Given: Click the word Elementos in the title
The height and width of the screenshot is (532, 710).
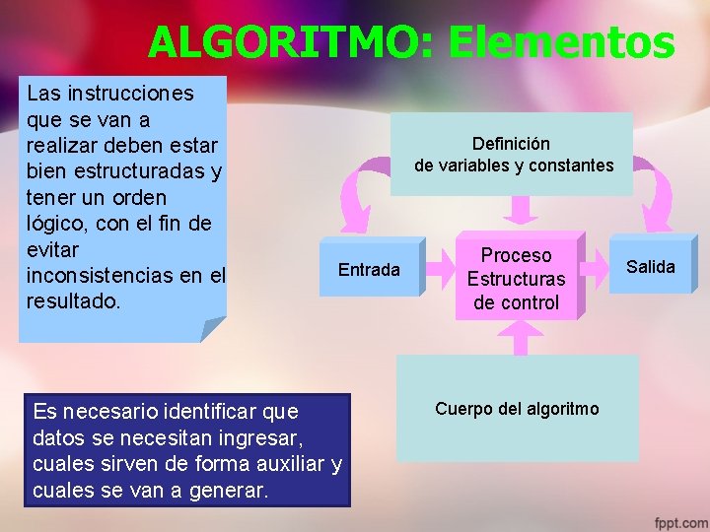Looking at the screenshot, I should pos(561,42).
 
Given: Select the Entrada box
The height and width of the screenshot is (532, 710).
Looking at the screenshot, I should pos(370,269).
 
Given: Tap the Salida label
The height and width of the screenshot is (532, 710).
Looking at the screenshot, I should pos(651,266).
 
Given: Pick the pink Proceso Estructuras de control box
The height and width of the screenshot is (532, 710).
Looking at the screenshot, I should pos(516,279).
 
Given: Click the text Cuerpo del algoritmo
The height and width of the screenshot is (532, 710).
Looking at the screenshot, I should pos(516,408).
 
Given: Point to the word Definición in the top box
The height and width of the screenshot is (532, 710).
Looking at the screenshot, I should pos(511,144).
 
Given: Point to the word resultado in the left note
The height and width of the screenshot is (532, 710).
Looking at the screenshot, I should pos(71,300).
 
